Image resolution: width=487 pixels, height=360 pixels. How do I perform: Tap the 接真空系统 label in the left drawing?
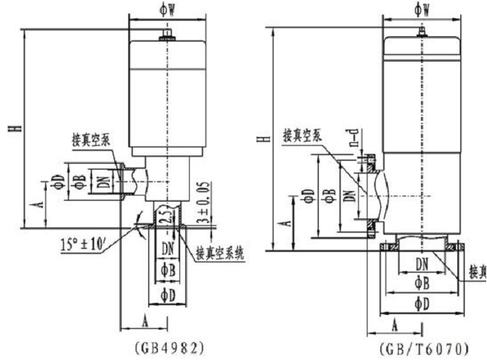[x=220, y=253]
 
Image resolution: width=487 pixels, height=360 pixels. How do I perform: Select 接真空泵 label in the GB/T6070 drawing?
[x=302, y=136]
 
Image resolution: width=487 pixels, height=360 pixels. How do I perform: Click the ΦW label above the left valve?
[x=168, y=10]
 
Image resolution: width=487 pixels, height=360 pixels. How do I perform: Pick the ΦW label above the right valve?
[x=423, y=10]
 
